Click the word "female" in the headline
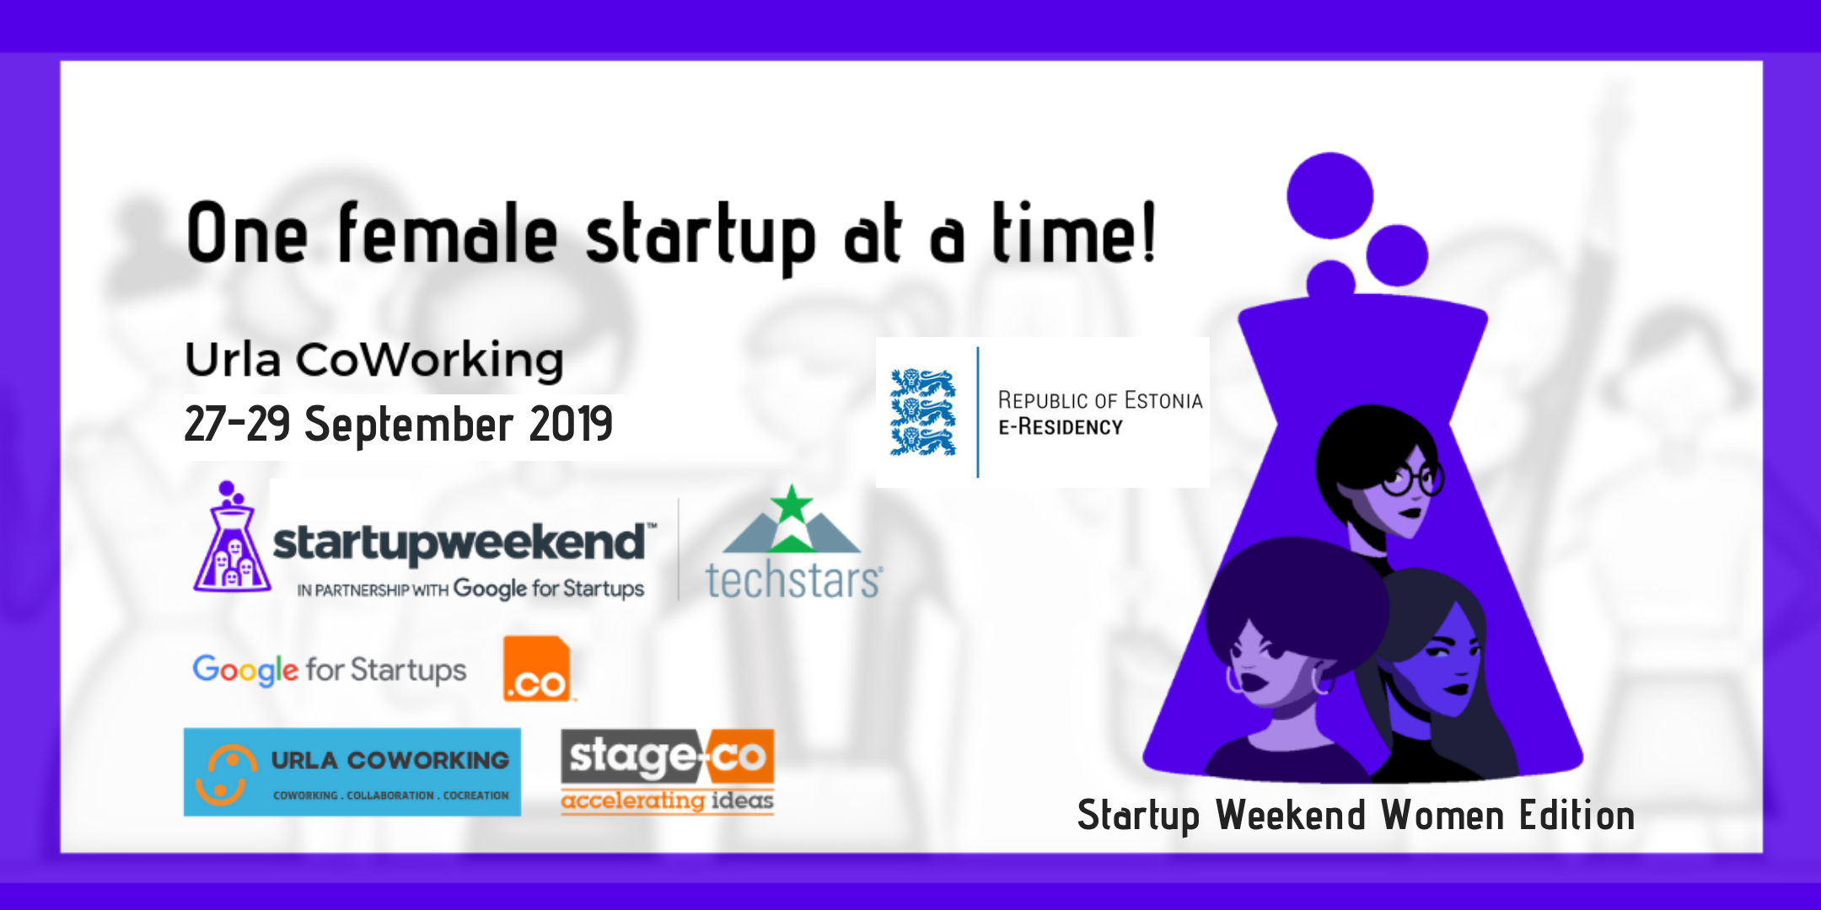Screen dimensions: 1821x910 click(x=448, y=232)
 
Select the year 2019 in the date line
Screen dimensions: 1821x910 click(x=571, y=423)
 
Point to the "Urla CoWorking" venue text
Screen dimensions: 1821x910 click(x=374, y=360)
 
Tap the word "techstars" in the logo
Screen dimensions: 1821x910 click(x=793, y=581)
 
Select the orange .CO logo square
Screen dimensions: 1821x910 click(x=537, y=669)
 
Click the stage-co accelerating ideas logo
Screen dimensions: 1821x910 click(x=668, y=772)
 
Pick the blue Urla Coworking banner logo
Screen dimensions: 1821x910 click(x=352, y=772)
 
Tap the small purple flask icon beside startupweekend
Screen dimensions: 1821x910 click(x=231, y=537)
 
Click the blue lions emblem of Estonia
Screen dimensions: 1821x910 click(x=923, y=412)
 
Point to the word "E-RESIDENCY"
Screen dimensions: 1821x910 click(x=1061, y=427)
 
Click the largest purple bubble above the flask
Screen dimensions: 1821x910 click(x=1330, y=195)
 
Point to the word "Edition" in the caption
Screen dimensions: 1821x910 click(x=1577, y=816)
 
